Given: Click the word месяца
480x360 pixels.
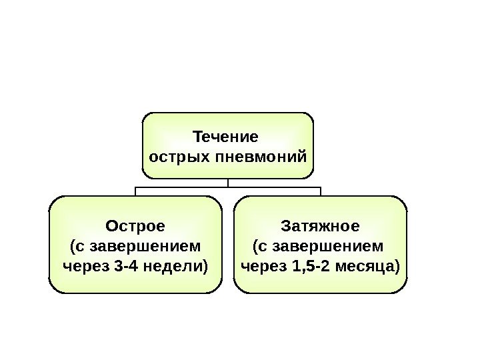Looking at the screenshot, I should click(369, 267).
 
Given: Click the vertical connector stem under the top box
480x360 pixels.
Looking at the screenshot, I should click(227, 183).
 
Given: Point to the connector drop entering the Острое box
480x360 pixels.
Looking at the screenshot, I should click(135, 191).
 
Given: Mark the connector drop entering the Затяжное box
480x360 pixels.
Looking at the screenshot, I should click(321, 191).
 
